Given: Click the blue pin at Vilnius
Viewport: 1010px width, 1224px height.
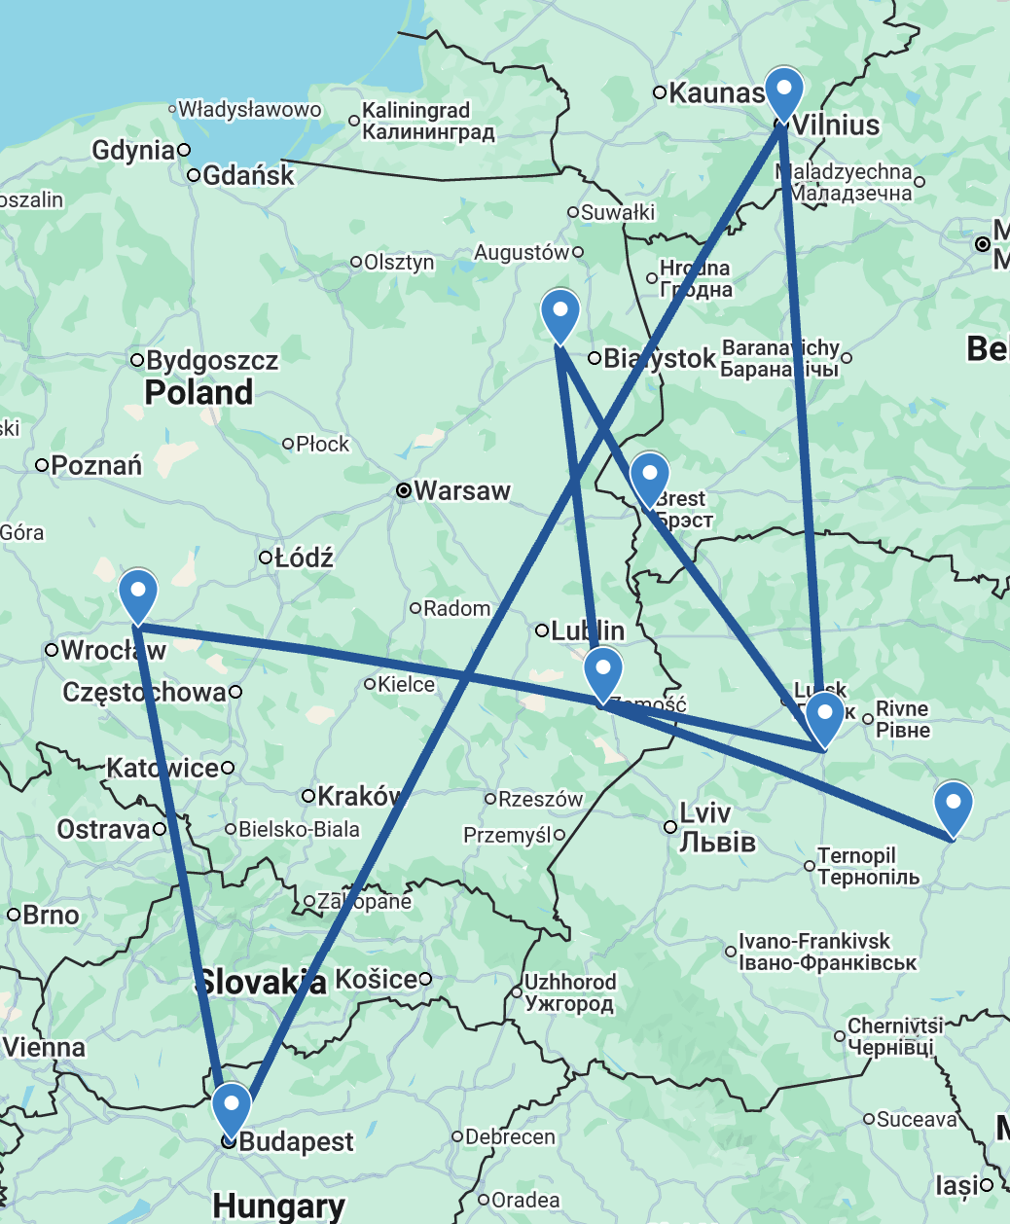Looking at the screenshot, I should coord(783,91).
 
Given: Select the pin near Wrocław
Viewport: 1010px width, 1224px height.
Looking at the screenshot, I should coord(138,594).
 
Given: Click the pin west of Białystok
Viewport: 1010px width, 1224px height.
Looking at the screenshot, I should coord(559,313).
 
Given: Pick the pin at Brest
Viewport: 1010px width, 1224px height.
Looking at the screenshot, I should coord(649,477).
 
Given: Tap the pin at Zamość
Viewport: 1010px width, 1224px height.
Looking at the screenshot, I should coord(603,671).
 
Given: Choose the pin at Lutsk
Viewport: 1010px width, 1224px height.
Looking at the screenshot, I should coord(824,716).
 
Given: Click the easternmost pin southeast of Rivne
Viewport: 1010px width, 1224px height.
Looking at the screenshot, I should coord(953,806).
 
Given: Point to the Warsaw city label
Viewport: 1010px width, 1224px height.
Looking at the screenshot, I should coord(461,491).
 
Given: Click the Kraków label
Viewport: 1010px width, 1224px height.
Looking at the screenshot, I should coord(359,796).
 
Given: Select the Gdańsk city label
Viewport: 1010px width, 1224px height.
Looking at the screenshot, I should coord(248,175).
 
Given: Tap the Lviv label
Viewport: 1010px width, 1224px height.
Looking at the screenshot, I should coord(717,827).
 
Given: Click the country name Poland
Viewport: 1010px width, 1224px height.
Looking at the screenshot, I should coord(198,393).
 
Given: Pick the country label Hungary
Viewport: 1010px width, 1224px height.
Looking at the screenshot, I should coord(278,1206).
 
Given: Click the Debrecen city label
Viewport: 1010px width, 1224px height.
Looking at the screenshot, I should coord(510,1136).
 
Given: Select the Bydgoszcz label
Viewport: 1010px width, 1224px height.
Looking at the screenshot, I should coord(212,361).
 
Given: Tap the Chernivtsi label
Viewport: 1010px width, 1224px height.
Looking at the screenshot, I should coord(894,1036).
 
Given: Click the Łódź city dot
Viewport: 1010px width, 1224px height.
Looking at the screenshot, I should coord(265,558).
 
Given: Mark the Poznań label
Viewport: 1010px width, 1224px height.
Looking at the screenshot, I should coord(96,466).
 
